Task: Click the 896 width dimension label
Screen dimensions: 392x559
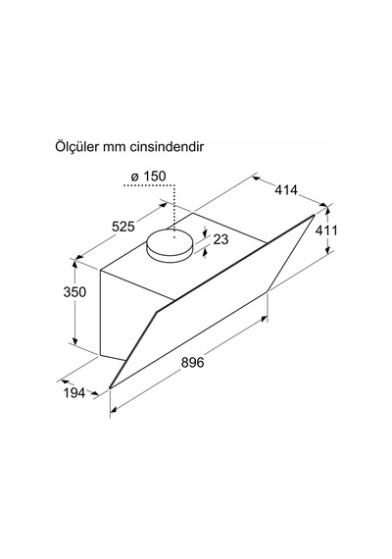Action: click(192, 363)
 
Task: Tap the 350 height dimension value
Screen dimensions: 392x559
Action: click(74, 292)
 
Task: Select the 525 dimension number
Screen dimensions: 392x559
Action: click(123, 227)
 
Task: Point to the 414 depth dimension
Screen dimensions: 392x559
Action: click(286, 190)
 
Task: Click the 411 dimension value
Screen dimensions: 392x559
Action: click(326, 230)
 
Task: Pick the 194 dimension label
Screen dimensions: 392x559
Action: click(74, 393)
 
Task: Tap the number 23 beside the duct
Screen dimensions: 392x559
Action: click(220, 239)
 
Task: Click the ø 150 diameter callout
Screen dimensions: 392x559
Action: click(148, 177)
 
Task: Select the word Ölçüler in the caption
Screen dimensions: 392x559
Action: click(76, 146)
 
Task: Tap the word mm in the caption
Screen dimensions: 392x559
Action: click(114, 148)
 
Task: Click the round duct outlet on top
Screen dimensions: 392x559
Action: click(170, 246)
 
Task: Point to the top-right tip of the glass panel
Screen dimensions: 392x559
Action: click(314, 215)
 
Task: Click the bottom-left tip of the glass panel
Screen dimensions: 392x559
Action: click(110, 387)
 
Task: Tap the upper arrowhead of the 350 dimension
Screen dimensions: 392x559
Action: click(74, 265)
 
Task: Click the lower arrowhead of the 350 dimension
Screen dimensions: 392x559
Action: click(74, 341)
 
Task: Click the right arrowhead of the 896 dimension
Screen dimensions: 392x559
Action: click(264, 319)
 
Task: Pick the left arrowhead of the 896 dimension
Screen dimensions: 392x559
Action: click(114, 410)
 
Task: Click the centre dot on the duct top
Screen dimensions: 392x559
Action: click(174, 237)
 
